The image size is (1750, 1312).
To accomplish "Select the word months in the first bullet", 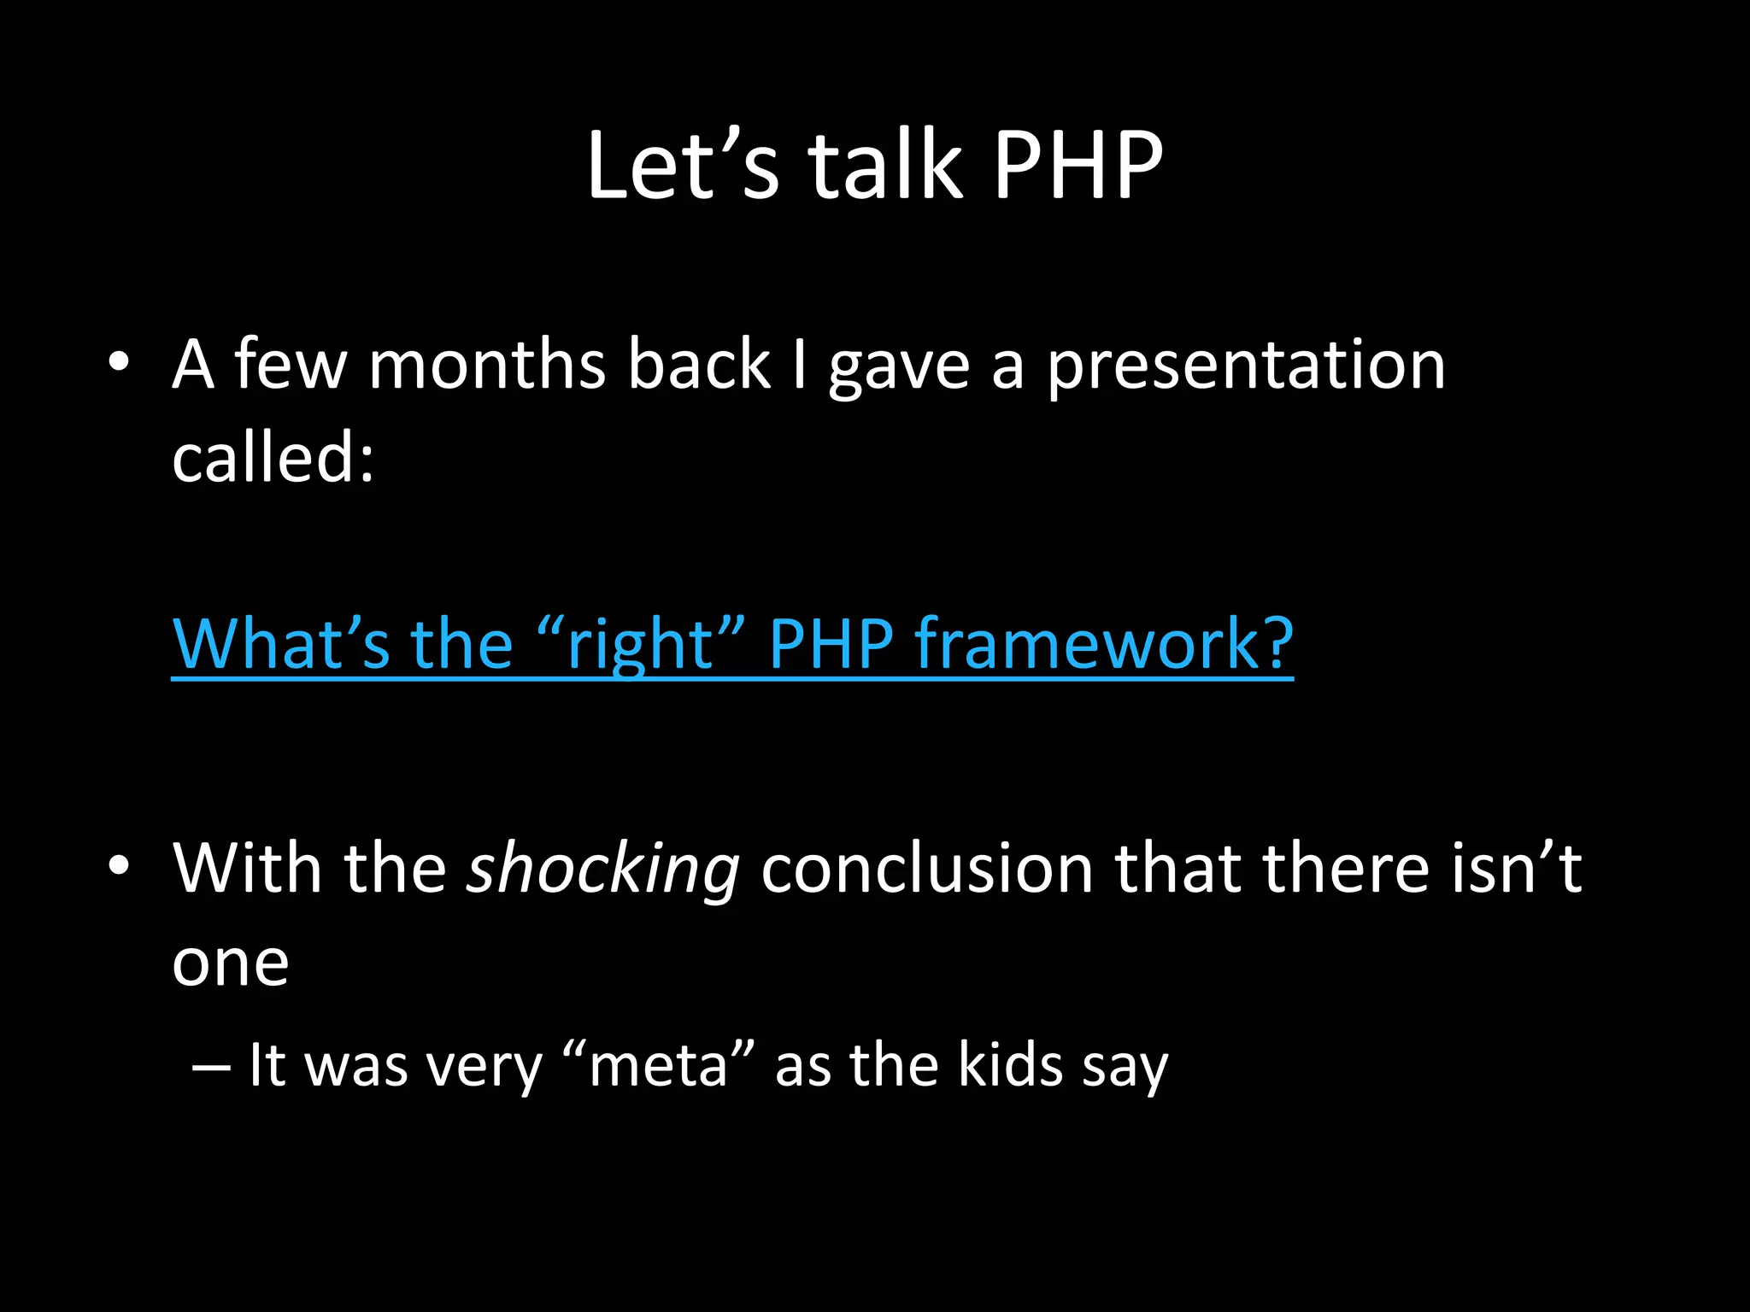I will pyautogui.click(x=486, y=366).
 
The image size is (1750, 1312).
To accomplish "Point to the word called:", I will pyautogui.click(x=273, y=458).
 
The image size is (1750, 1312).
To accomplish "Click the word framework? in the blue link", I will pyautogui.click(x=1104, y=644).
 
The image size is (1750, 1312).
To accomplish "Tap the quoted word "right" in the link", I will pyautogui.click(x=642, y=644).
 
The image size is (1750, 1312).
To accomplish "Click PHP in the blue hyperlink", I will pyautogui.click(x=831, y=644).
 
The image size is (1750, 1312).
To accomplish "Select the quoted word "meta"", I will pyautogui.click(x=659, y=1066).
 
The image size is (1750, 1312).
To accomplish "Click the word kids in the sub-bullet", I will pyautogui.click(x=1010, y=1066).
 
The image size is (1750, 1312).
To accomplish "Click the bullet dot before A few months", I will pyautogui.click(x=119, y=363).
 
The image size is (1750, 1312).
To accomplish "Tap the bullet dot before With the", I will pyautogui.click(x=119, y=866).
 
